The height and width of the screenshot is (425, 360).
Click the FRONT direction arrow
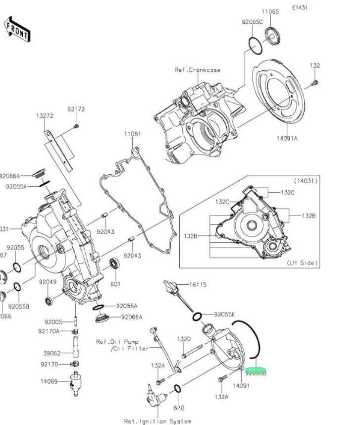[x=17, y=28]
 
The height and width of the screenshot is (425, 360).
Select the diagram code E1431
[x=300, y=8]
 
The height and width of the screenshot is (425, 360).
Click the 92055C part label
[x=252, y=22]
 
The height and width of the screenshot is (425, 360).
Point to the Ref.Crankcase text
[x=197, y=70]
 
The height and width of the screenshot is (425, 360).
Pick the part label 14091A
[x=287, y=139]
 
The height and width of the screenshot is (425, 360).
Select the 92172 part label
[x=76, y=109]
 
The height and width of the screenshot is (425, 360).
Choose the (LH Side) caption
[x=302, y=263]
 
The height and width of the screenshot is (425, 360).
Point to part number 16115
[x=198, y=285]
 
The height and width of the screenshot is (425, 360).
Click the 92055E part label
[x=224, y=315]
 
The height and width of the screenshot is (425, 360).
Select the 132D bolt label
[x=184, y=339]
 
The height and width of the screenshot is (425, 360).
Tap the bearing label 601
[x=115, y=284]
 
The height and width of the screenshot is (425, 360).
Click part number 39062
[x=52, y=353]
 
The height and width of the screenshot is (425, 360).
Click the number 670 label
[x=179, y=408]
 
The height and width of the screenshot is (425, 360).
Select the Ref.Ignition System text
[x=157, y=421]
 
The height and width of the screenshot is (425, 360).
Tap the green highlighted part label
[x=256, y=372]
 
